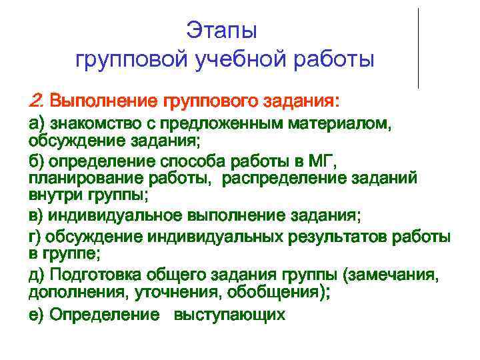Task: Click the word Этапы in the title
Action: click(x=221, y=31)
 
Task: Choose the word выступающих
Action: click(x=229, y=315)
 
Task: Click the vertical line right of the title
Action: click(x=418, y=47)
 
